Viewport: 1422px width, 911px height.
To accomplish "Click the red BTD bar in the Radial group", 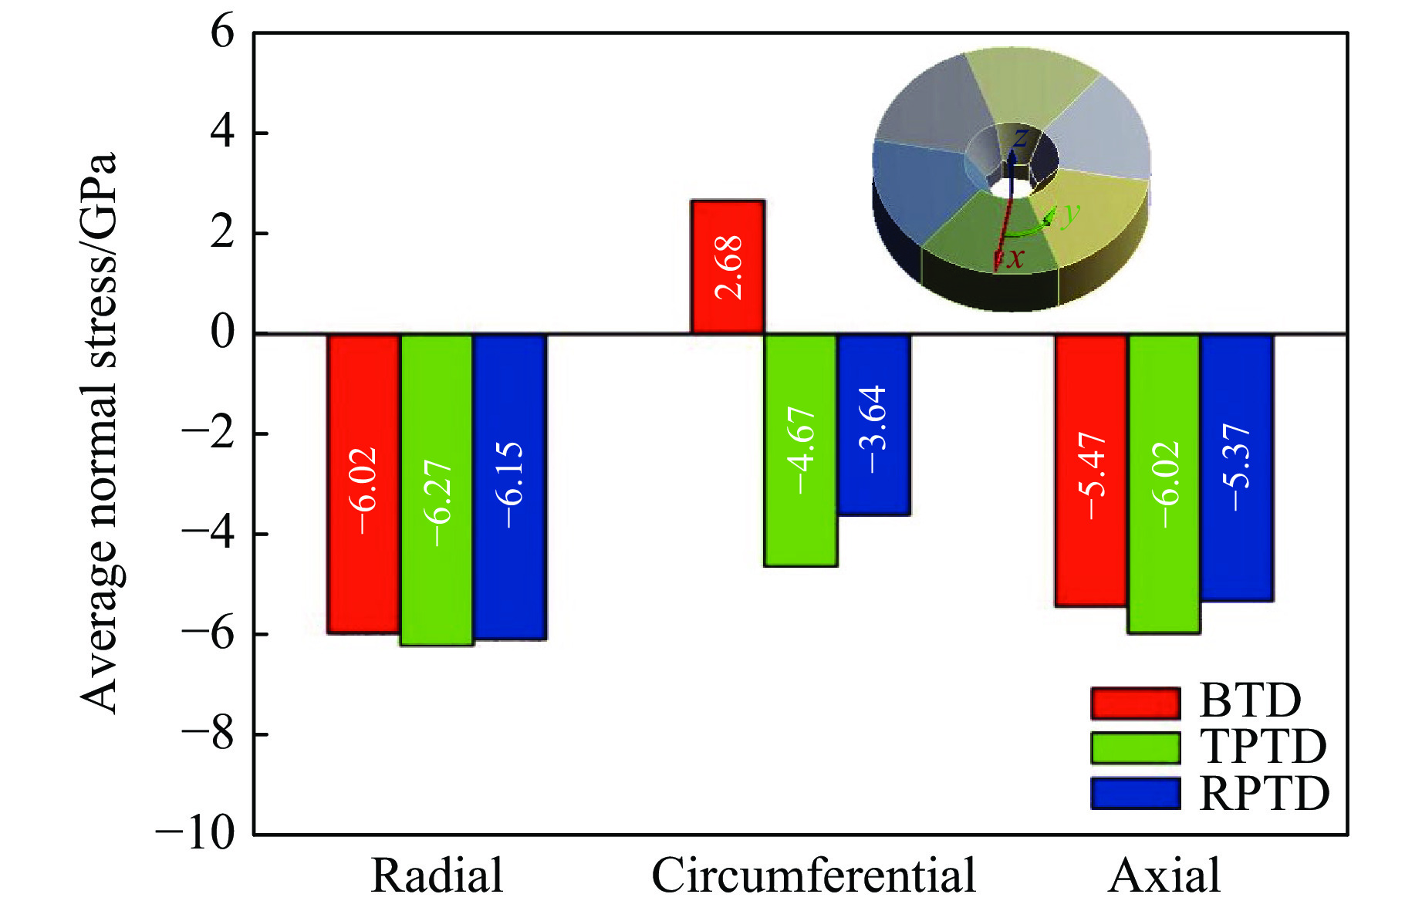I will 363,484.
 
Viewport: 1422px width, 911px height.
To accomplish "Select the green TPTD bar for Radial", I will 437,489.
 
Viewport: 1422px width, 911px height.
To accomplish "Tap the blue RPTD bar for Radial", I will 510,486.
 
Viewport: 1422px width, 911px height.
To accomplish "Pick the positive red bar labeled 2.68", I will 728,267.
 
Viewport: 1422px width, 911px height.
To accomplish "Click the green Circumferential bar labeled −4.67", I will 801,450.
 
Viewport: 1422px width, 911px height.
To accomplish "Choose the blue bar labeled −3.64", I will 874,424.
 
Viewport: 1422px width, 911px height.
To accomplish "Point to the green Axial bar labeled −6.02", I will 1164,484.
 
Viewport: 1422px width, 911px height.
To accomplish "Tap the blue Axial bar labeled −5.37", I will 1237,467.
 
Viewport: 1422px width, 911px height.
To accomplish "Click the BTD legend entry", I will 1196,701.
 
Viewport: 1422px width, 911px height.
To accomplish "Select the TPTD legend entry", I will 1208,747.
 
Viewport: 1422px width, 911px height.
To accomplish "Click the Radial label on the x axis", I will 437,876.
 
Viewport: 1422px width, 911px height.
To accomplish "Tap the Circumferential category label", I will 814,876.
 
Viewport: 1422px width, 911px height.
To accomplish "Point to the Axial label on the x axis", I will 1164,876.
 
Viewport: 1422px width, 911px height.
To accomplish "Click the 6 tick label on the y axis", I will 222,33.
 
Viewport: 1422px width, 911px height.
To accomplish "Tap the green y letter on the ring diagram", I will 1070,213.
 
